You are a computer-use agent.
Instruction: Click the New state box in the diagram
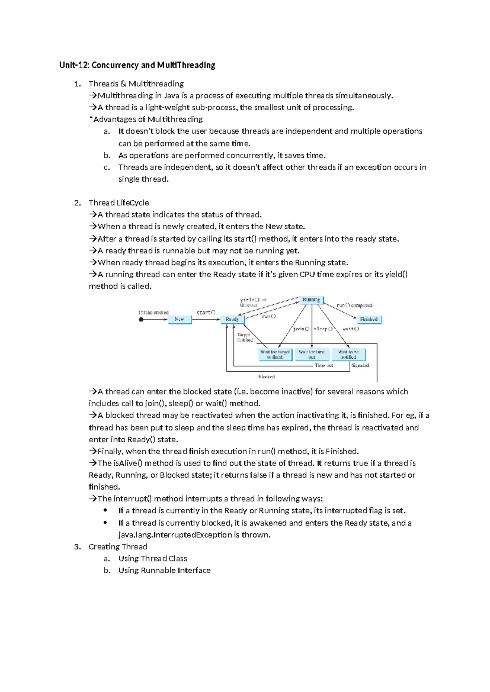[x=180, y=319]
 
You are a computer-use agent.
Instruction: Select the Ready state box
[x=232, y=319]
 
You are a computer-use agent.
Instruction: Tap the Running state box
[x=311, y=300]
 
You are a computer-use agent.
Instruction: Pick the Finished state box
[x=369, y=319]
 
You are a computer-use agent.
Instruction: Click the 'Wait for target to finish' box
[x=275, y=354]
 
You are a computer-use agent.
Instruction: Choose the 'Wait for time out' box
[x=312, y=354]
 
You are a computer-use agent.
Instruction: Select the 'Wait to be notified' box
[x=348, y=354]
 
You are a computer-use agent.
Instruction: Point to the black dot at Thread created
[x=141, y=319]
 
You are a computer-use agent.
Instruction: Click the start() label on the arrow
[x=206, y=313]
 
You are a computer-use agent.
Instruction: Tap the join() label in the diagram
[x=301, y=329]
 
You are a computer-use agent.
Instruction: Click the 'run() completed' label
[x=354, y=305]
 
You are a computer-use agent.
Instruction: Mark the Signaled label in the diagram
[x=360, y=366]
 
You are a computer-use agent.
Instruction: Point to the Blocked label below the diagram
[x=266, y=377]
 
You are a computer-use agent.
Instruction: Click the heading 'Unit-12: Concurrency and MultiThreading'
[x=137, y=65]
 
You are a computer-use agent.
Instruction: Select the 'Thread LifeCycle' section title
[x=119, y=203]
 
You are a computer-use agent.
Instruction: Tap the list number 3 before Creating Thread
[x=77, y=547]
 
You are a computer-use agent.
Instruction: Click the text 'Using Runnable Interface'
[x=164, y=570]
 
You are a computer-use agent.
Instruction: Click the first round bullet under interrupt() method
[x=105, y=510]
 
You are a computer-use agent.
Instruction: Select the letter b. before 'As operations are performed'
[x=107, y=155]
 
